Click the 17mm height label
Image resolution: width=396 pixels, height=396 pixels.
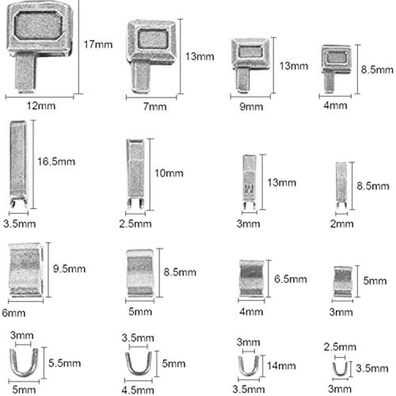pos(98,45)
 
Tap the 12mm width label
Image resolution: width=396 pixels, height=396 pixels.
pos(41,106)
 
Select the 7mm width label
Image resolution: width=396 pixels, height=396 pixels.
pos(155,106)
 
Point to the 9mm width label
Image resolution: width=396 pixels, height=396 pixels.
pos(251,107)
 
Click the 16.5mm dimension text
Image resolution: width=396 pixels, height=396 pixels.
pos(56,162)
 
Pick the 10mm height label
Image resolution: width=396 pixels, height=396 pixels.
pos(169,173)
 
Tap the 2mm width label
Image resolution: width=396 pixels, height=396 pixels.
pos(342,224)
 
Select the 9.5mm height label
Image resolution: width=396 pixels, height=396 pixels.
pos(69,269)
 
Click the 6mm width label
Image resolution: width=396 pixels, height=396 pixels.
pos(14,313)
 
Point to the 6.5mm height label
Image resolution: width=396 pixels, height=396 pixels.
pos(290,279)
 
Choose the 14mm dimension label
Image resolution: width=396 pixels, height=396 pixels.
pos(281,366)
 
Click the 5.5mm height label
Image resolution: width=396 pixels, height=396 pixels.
pos(64,363)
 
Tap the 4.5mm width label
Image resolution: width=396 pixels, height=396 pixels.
pos(138,390)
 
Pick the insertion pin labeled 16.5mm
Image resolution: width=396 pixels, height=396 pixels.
pos(18,164)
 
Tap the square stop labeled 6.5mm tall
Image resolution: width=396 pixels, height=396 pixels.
pos(251,278)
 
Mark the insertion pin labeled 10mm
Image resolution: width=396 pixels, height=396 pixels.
pos(135,174)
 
